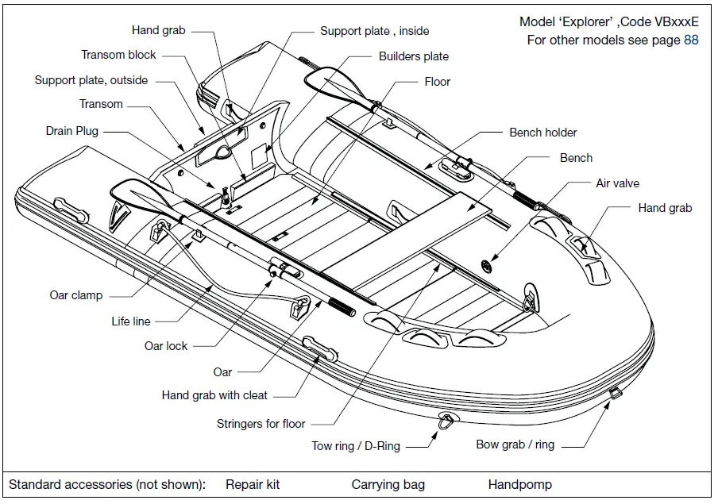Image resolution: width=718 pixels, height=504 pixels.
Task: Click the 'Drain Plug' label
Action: (71, 131)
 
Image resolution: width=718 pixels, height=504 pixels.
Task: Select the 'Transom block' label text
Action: (119, 55)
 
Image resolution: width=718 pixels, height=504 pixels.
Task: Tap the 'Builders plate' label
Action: (413, 56)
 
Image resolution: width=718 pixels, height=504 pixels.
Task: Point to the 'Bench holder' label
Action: (543, 133)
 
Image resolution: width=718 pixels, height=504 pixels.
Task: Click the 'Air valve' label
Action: (617, 183)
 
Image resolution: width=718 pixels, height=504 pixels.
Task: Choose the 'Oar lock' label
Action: (166, 346)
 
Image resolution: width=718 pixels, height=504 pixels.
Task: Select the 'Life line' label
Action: (131, 321)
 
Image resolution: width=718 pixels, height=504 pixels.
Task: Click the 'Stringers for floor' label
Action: (261, 424)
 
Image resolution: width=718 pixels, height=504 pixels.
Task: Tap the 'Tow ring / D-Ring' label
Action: (356, 446)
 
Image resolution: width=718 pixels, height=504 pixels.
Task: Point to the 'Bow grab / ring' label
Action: (515, 444)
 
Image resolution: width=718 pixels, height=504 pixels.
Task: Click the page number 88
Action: (691, 40)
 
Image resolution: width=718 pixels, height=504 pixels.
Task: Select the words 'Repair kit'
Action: (253, 484)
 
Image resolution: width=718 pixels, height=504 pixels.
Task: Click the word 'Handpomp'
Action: (519, 484)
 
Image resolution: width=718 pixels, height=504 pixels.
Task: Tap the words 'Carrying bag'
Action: (388, 484)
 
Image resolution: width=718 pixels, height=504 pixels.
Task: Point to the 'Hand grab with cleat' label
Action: (214, 394)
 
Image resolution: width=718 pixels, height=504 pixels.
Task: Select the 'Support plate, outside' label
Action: (91, 80)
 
